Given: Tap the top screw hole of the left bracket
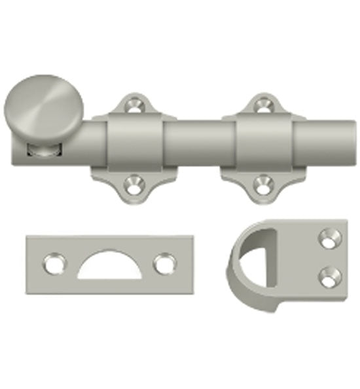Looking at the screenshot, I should [x=135, y=103].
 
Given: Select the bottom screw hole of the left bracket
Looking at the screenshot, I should [x=135, y=185].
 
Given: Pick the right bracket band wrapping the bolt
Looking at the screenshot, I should [x=264, y=144].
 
